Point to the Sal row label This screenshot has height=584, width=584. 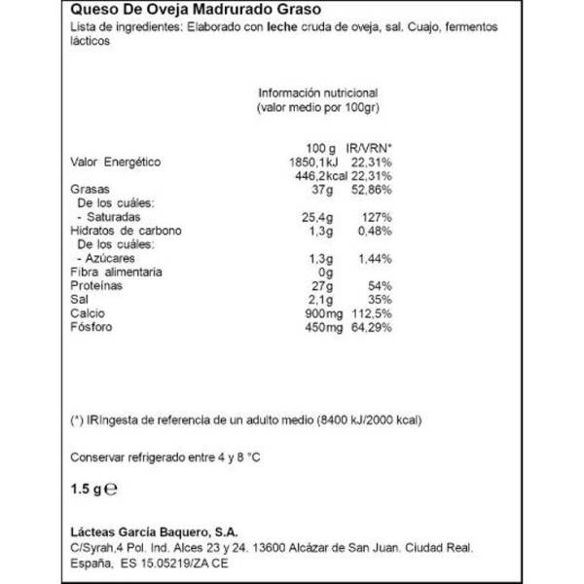pyautogui.click(x=81, y=302)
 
